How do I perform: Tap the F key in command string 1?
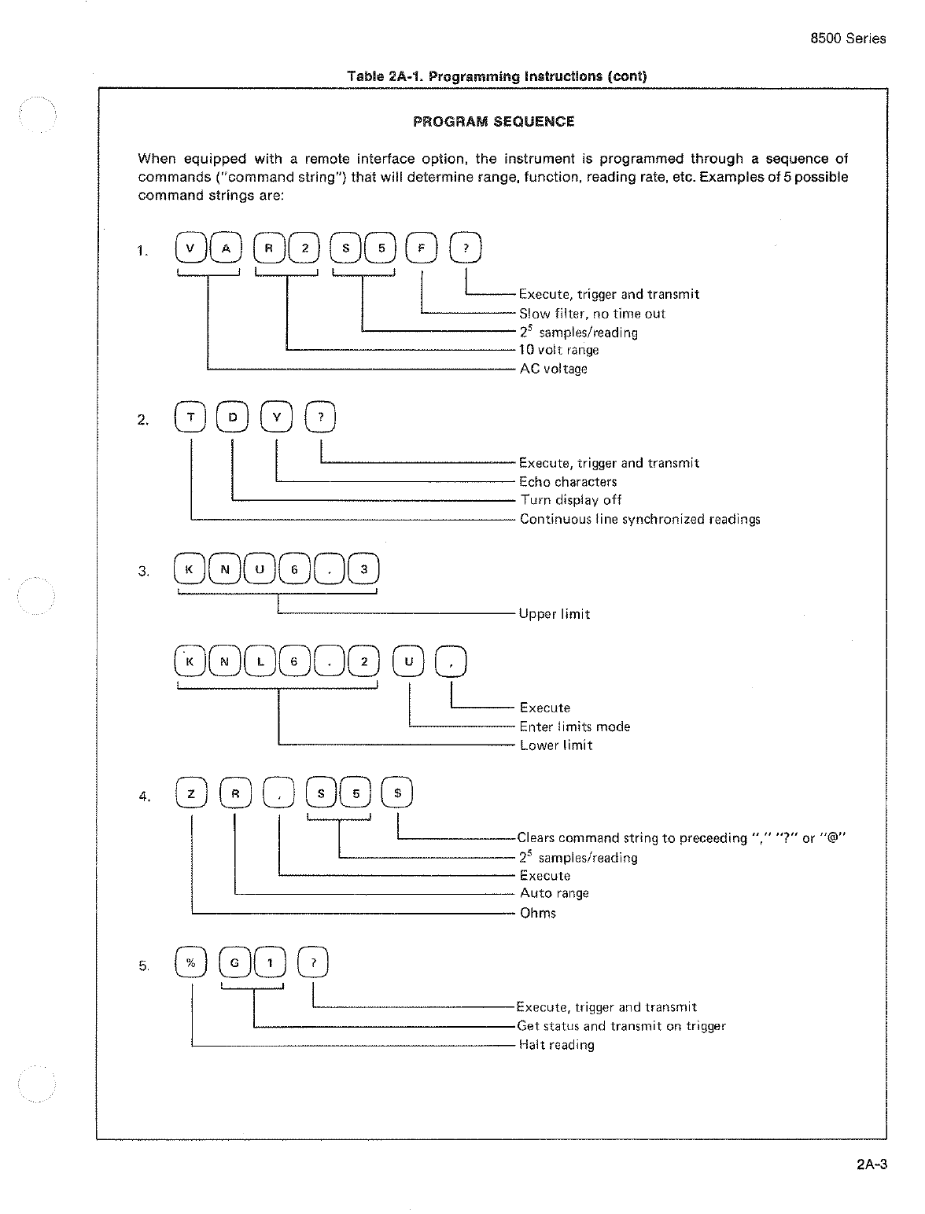[x=420, y=249]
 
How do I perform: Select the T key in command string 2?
[x=191, y=418]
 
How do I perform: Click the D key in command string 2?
[x=233, y=418]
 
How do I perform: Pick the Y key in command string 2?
[x=277, y=418]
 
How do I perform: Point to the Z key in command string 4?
[x=191, y=794]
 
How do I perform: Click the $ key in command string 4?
[x=397, y=794]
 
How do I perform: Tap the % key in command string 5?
[x=191, y=963]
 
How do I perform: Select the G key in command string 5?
[x=234, y=963]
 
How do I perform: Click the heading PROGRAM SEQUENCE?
[x=494, y=122]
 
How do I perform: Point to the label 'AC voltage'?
[x=553, y=369]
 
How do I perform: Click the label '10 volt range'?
[x=558, y=350]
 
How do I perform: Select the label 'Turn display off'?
[x=570, y=500]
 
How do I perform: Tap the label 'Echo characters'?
[x=568, y=482]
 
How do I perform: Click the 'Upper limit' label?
[x=554, y=614]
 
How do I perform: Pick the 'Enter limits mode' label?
[x=574, y=727]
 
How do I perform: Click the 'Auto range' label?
[x=554, y=893]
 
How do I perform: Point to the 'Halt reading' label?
[x=556, y=1045]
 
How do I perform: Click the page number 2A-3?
[x=871, y=1165]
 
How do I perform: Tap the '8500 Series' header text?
[x=848, y=39]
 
